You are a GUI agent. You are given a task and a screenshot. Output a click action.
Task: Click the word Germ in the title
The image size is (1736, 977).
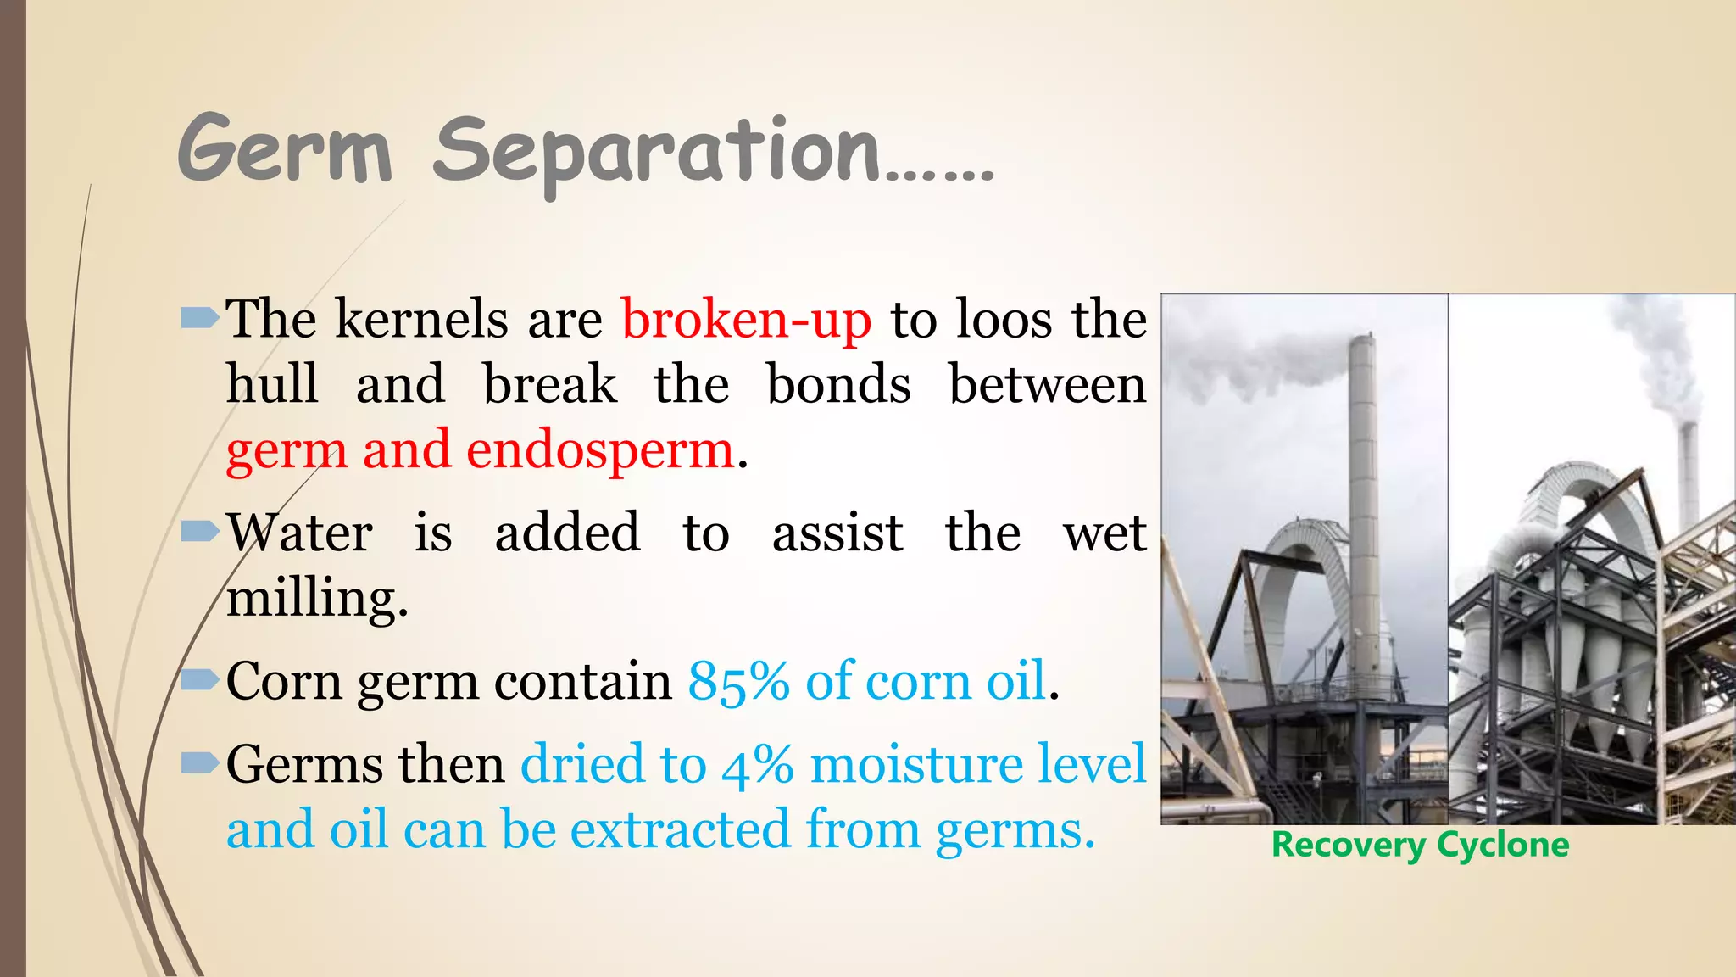(285, 151)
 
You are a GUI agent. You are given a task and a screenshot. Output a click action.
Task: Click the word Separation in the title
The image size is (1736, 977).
(657, 153)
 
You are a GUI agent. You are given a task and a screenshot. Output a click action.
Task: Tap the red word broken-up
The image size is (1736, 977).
(746, 321)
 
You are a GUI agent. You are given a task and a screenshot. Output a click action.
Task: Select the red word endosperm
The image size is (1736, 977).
(599, 450)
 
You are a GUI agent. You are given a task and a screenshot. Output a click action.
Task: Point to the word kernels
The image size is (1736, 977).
(421, 321)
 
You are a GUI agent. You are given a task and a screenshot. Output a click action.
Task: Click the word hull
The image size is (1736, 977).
(272, 384)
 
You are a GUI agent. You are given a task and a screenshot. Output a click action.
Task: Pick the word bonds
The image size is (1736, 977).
(838, 384)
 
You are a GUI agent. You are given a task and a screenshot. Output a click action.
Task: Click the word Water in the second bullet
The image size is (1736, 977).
(299, 533)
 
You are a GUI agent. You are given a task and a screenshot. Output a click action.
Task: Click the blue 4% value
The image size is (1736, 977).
(757, 764)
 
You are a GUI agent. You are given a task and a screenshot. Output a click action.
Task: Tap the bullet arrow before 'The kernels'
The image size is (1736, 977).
(200, 319)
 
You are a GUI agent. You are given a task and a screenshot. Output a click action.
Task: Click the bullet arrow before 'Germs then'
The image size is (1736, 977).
(200, 762)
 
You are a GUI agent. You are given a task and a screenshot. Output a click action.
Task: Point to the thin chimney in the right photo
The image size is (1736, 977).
(1689, 475)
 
